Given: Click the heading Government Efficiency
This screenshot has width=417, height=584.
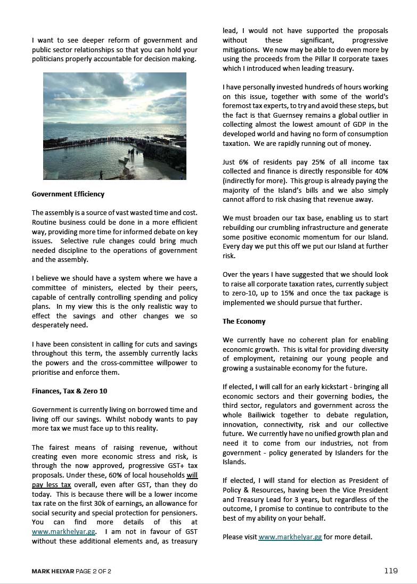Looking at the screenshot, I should [68, 194].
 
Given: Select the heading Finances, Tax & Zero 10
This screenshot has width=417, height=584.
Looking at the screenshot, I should [69, 391].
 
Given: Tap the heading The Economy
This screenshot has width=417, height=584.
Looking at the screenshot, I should [244, 322].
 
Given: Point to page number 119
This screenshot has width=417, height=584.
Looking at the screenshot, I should [391, 571].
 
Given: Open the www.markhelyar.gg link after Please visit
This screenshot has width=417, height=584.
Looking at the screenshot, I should [290, 537].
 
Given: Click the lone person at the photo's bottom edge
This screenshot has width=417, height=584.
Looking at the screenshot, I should [101, 174].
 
